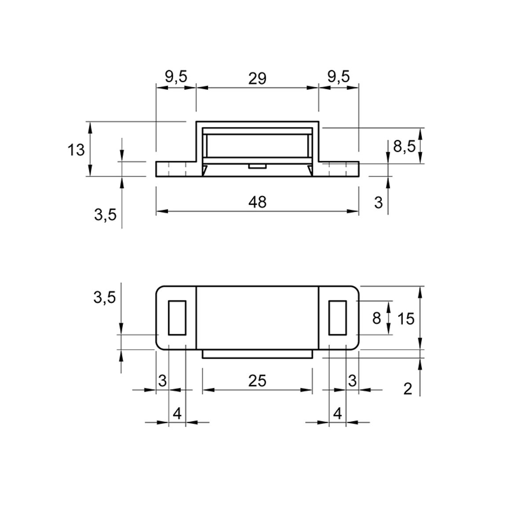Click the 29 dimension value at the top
(x=257, y=78)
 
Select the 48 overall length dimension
(x=258, y=202)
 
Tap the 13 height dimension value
(x=76, y=150)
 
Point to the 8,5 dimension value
(x=404, y=147)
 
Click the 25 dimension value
(x=257, y=380)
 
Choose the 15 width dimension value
(x=406, y=319)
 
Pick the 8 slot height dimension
(x=376, y=318)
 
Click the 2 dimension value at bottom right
(x=408, y=388)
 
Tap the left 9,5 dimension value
(x=176, y=77)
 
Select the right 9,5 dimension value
(x=339, y=77)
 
